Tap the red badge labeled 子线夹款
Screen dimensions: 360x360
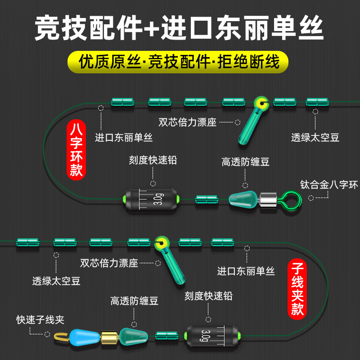(297, 288)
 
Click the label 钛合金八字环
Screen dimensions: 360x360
(329, 184)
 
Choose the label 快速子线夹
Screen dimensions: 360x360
(40, 320)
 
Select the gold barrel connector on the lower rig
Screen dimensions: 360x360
(108, 335)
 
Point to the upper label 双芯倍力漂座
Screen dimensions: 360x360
(188, 122)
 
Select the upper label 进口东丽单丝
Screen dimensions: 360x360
(124, 138)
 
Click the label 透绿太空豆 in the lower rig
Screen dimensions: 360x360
(56, 282)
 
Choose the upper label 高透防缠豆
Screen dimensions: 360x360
(245, 162)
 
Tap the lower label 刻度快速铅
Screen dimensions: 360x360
(209, 296)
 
